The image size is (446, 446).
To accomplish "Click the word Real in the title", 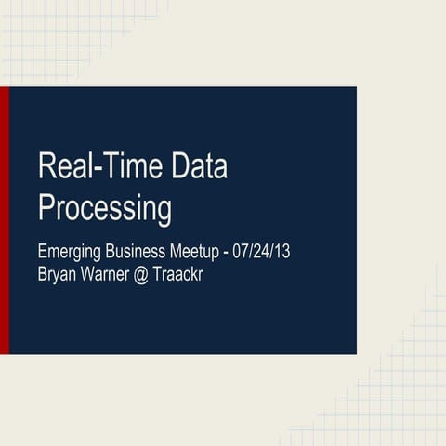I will click(66, 168).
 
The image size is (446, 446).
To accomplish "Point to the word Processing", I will click(104, 208).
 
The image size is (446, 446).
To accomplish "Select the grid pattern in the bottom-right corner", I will click(400, 400).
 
